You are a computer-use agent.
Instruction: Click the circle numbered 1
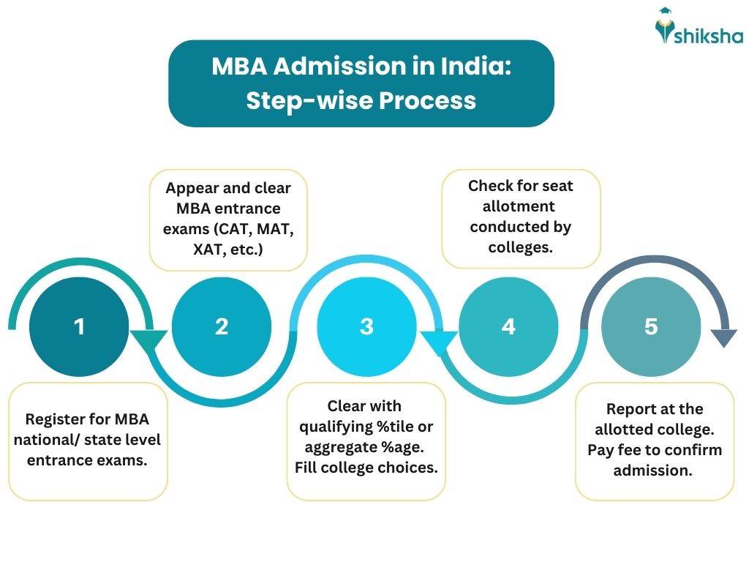79,326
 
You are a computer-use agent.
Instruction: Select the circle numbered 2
221,326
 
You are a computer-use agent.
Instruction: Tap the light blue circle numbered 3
366,326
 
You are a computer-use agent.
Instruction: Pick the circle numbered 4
508,326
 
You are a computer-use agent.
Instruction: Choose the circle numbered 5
651,326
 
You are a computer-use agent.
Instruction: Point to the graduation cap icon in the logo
664,13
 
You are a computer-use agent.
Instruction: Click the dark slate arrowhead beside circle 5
724,338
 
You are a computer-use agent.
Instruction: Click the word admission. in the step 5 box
652,471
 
